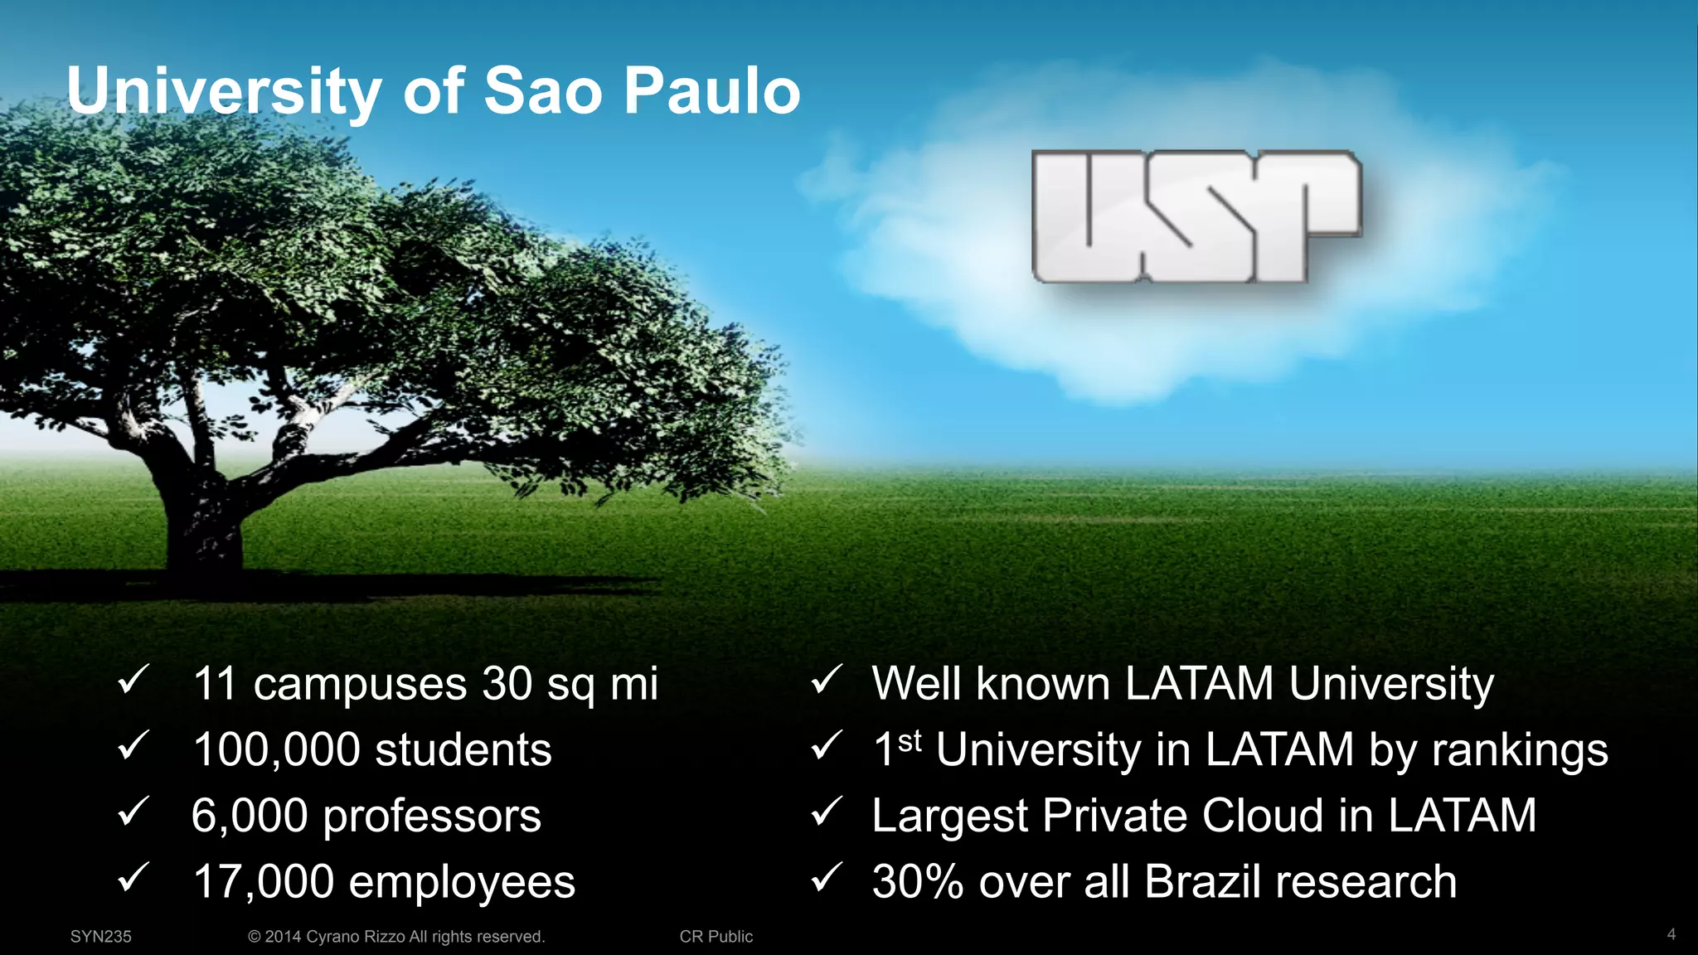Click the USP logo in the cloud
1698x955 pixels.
tap(1196, 217)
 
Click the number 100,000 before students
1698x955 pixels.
tap(276, 750)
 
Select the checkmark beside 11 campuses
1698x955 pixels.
tap(133, 681)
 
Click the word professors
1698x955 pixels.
tap(431, 817)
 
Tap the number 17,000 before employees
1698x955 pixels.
tap(263, 882)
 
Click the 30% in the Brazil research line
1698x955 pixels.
tap(918, 882)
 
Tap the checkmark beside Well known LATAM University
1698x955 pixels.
tap(827, 681)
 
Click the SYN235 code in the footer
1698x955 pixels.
tap(100, 937)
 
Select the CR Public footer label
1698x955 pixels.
tap(716, 937)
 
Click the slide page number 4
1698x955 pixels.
tap(1671, 934)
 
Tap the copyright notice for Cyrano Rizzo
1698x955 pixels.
tap(396, 937)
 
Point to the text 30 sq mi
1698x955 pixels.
tap(570, 686)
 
